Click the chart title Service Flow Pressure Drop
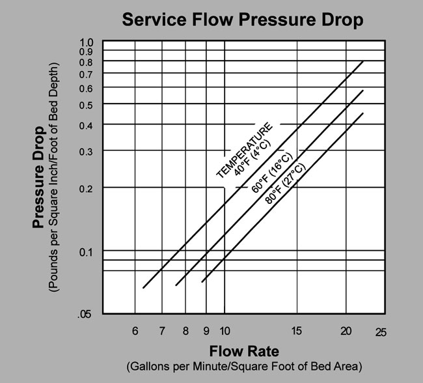point(243,20)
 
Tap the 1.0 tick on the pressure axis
point(87,43)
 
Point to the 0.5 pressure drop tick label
point(87,105)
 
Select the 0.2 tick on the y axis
point(87,188)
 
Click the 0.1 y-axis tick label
point(87,251)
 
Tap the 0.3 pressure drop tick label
point(87,152)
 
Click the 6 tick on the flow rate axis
point(135,330)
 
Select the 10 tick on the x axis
point(225,330)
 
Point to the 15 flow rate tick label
point(297,330)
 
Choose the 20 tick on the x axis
point(346,330)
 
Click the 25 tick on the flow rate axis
point(381,332)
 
